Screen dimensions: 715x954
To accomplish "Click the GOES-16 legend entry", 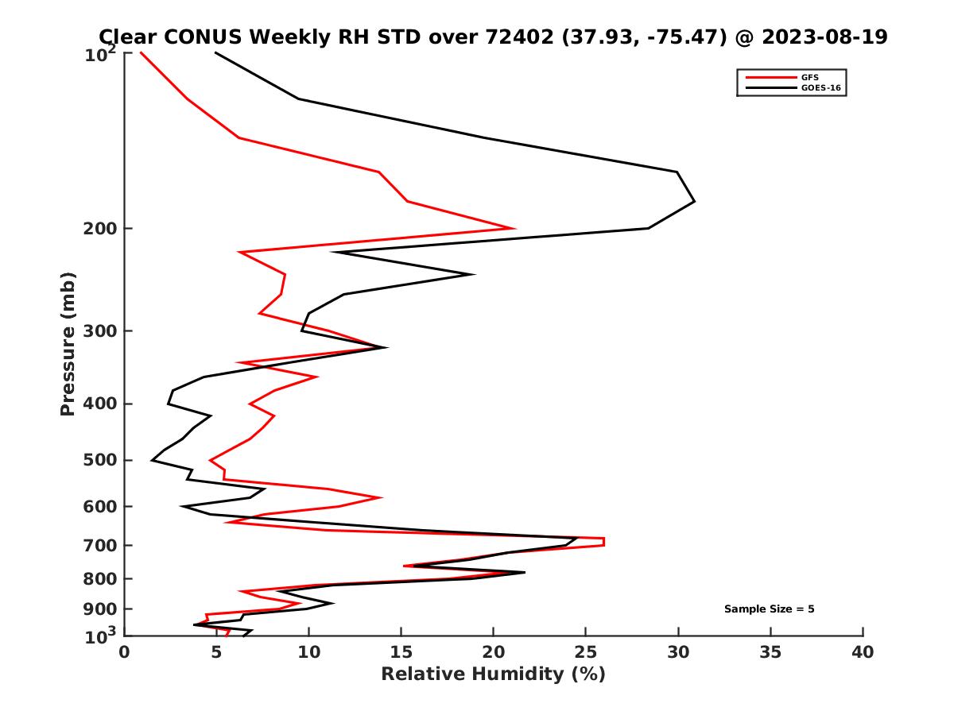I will [x=820, y=88].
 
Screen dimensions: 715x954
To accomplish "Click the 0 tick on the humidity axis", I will [x=125, y=652].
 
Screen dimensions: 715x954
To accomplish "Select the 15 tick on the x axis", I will [x=401, y=652].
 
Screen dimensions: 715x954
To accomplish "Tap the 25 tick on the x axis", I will [x=586, y=652].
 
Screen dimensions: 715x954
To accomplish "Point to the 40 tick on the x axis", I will [x=863, y=652].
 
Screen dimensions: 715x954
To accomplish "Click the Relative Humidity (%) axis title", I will [x=493, y=674].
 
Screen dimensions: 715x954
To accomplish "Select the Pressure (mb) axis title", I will [x=68, y=343].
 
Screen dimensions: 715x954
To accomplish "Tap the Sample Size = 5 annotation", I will [x=769, y=609].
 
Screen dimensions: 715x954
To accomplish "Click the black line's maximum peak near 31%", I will [x=694, y=201].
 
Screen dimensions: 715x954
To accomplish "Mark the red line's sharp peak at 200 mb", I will [x=514, y=229].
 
